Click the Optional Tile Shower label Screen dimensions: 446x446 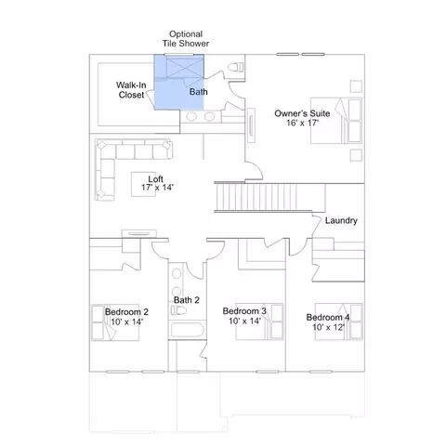186,39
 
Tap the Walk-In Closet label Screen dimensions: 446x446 131,90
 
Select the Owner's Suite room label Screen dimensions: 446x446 302,113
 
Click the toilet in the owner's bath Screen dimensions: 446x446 236,67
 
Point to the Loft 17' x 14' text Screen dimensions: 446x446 157,183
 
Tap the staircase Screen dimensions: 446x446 269,197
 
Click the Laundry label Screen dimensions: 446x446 341,220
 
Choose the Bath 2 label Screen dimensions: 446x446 186,300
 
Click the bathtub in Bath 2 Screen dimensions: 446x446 188,330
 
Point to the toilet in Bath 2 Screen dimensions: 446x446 178,310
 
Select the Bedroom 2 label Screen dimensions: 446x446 126,312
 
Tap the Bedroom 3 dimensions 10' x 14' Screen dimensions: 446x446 244,321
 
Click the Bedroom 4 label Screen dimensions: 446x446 328,317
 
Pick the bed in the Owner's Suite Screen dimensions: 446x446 336,121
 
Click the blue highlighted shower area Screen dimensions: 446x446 179,82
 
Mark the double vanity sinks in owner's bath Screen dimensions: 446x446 201,116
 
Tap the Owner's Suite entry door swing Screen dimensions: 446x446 255,170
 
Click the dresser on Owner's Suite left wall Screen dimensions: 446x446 251,125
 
